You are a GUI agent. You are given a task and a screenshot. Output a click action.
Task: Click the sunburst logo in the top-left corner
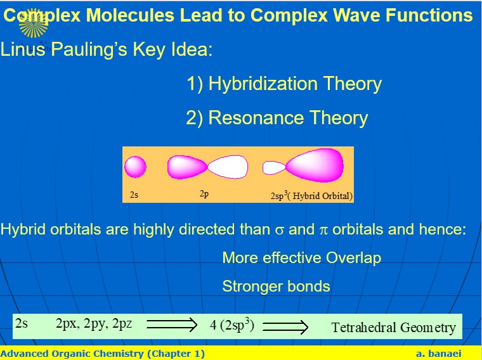[33, 23]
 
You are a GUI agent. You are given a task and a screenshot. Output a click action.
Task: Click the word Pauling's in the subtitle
[89, 49]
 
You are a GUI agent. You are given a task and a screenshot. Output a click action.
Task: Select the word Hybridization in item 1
[263, 84]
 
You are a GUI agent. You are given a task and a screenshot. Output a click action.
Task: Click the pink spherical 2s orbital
[135, 167]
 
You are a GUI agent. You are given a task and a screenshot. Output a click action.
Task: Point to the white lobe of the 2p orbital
[228, 167]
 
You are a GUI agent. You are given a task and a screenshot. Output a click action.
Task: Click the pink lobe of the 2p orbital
[187, 167]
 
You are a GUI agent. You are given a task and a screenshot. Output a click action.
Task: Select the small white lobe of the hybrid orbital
[273, 168]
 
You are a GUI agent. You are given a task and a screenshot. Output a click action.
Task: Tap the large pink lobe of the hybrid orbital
[315, 165]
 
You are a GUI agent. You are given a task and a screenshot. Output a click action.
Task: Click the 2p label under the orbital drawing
[204, 194]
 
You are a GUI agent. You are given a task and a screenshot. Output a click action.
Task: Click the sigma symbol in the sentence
[280, 230]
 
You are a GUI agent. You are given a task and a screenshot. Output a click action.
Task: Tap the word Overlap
[353, 258]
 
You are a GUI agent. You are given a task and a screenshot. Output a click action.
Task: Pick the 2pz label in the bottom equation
[122, 324]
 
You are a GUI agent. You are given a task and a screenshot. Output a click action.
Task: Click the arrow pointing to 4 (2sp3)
[171, 325]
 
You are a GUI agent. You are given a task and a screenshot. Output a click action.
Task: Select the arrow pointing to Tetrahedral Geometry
[285, 327]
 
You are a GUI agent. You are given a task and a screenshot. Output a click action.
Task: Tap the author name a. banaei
[439, 354]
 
